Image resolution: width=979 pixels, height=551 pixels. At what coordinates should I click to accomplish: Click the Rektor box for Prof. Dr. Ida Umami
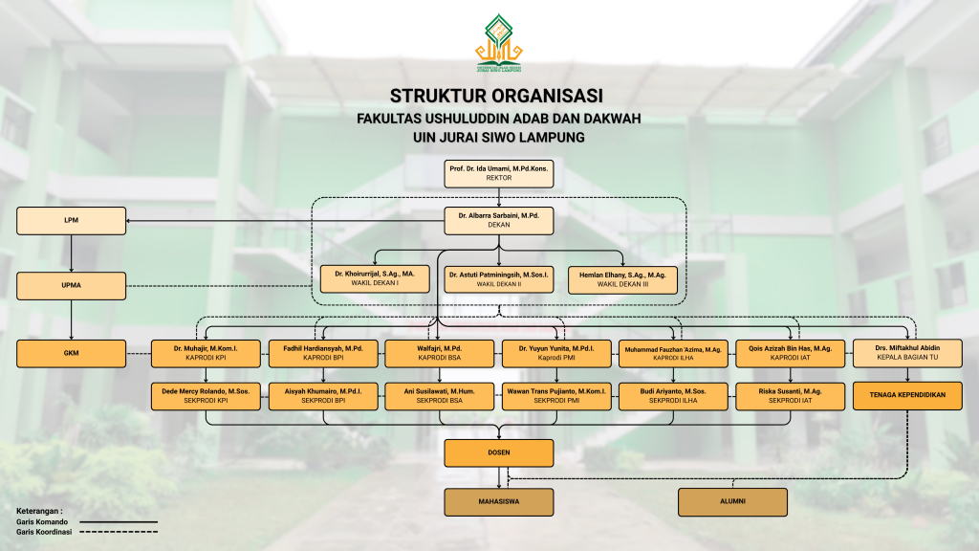tap(499, 173)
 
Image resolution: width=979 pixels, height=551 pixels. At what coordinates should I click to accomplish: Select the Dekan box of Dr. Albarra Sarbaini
tap(499, 221)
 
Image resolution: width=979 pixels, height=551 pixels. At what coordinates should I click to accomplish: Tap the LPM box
tap(72, 221)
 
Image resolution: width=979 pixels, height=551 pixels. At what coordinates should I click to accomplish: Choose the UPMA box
tap(72, 285)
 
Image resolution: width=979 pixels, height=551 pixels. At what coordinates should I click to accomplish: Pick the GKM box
tap(72, 353)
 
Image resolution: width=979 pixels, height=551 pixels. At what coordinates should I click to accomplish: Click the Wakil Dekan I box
tap(374, 278)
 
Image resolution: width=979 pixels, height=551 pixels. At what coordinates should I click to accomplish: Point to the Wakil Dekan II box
tap(499, 278)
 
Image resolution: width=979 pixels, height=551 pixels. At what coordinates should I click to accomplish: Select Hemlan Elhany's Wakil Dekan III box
tap(622, 278)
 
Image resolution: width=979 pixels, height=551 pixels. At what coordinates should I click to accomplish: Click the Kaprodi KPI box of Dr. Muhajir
tap(206, 353)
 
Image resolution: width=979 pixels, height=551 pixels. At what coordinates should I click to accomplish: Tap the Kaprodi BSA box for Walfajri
tap(440, 353)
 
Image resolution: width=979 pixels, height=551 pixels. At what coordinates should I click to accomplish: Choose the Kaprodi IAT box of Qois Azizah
tap(790, 353)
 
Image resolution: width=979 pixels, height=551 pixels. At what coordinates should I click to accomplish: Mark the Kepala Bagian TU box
tap(907, 353)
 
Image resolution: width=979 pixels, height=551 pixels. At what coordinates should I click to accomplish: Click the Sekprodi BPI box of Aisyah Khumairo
tap(323, 395)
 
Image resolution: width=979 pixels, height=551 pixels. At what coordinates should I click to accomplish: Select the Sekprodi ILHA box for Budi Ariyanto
tap(673, 395)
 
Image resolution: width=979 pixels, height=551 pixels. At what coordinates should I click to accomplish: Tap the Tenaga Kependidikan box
tap(907, 395)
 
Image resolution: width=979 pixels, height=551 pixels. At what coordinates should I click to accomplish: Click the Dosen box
tap(499, 452)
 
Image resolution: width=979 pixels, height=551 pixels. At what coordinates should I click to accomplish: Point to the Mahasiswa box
tap(499, 501)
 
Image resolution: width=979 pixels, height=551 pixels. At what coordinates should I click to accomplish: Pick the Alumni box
tap(732, 501)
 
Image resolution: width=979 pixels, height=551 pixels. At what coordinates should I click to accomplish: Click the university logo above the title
tap(500, 44)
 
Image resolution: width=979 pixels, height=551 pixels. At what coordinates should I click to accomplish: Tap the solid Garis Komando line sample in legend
tap(119, 522)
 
